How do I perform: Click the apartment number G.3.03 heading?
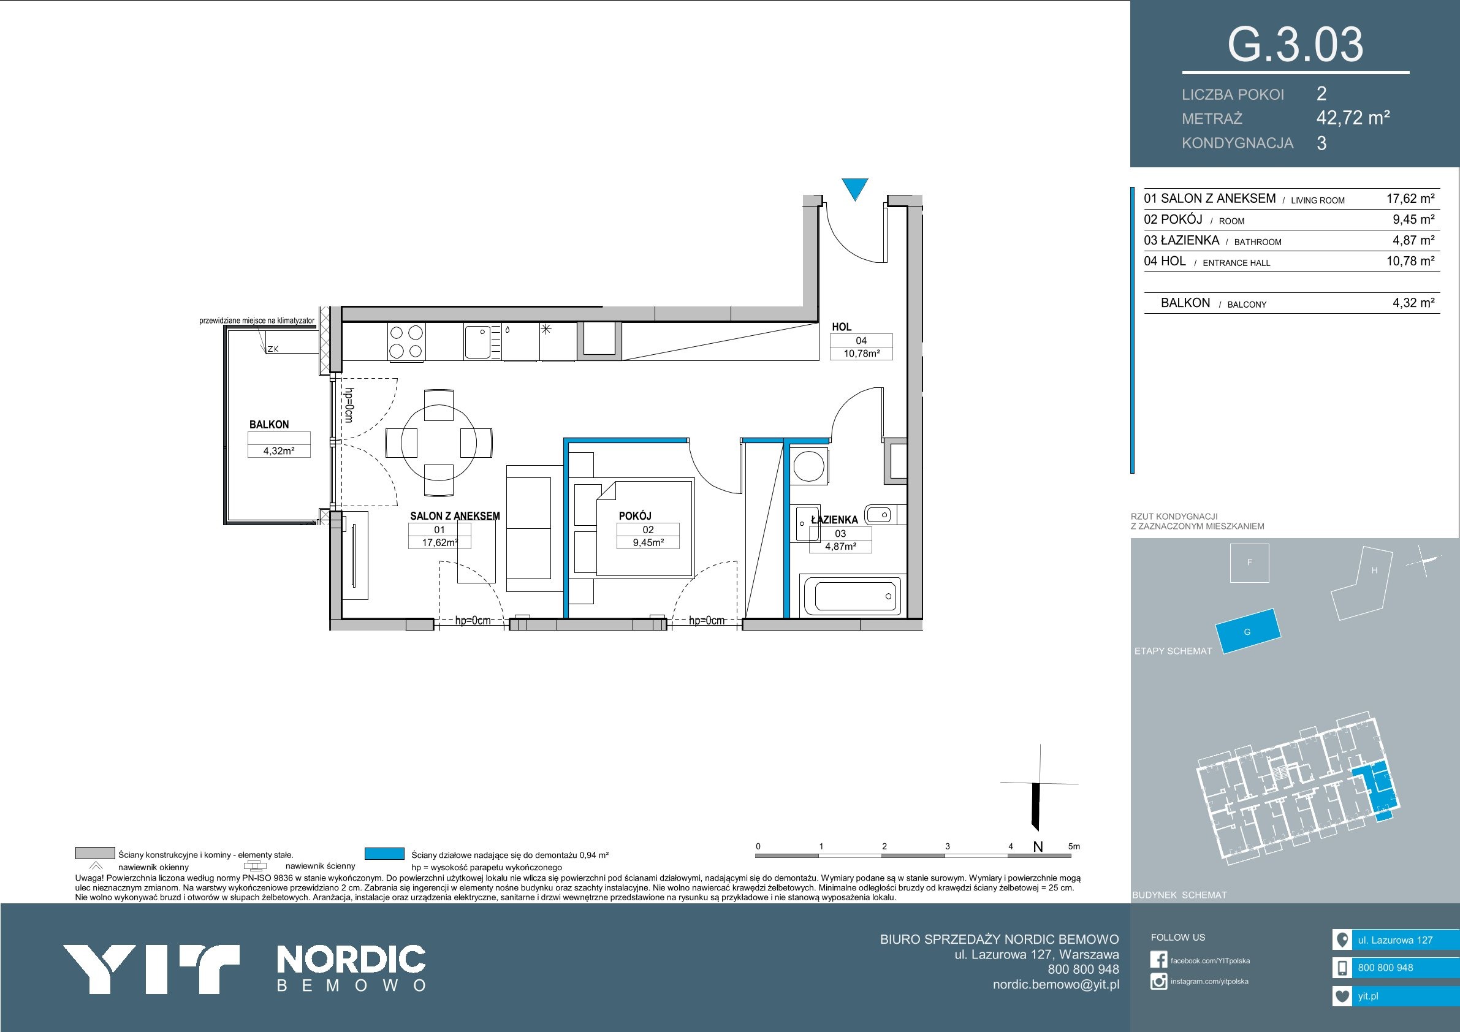1295,45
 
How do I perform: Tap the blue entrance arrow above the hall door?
855,189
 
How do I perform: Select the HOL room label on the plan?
842,327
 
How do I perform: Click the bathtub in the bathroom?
852,596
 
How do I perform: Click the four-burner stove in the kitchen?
406,341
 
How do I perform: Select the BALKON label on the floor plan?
269,424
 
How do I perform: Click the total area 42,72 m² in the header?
1353,118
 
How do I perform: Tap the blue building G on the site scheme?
1247,631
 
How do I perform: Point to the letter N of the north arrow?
1038,847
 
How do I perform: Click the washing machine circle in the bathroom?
809,466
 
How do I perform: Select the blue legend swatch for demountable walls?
385,853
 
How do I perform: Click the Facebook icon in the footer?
1158,960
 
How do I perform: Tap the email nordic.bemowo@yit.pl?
1056,984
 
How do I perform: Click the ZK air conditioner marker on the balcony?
273,349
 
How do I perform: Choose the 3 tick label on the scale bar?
948,846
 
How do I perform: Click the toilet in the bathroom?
881,514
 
